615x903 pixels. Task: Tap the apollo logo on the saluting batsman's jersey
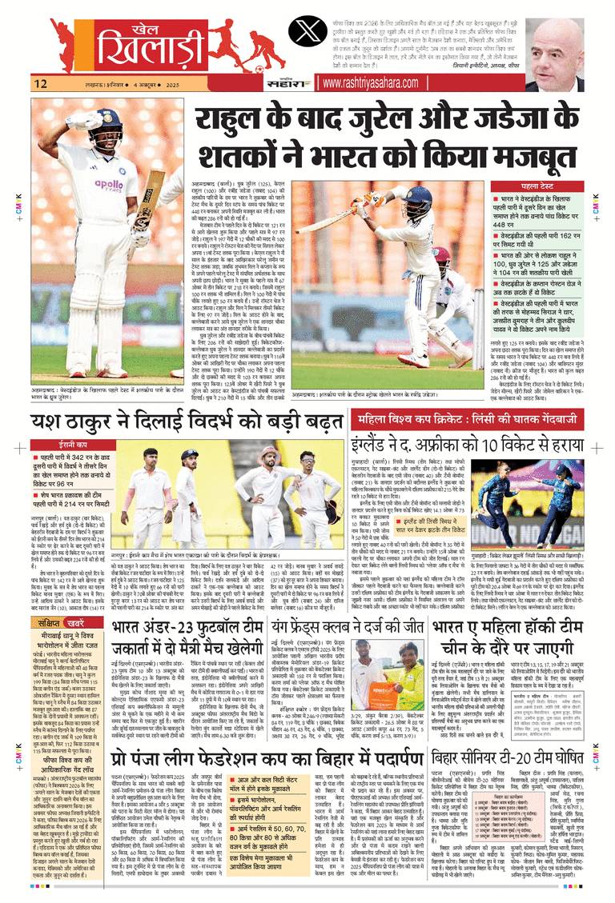112,186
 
